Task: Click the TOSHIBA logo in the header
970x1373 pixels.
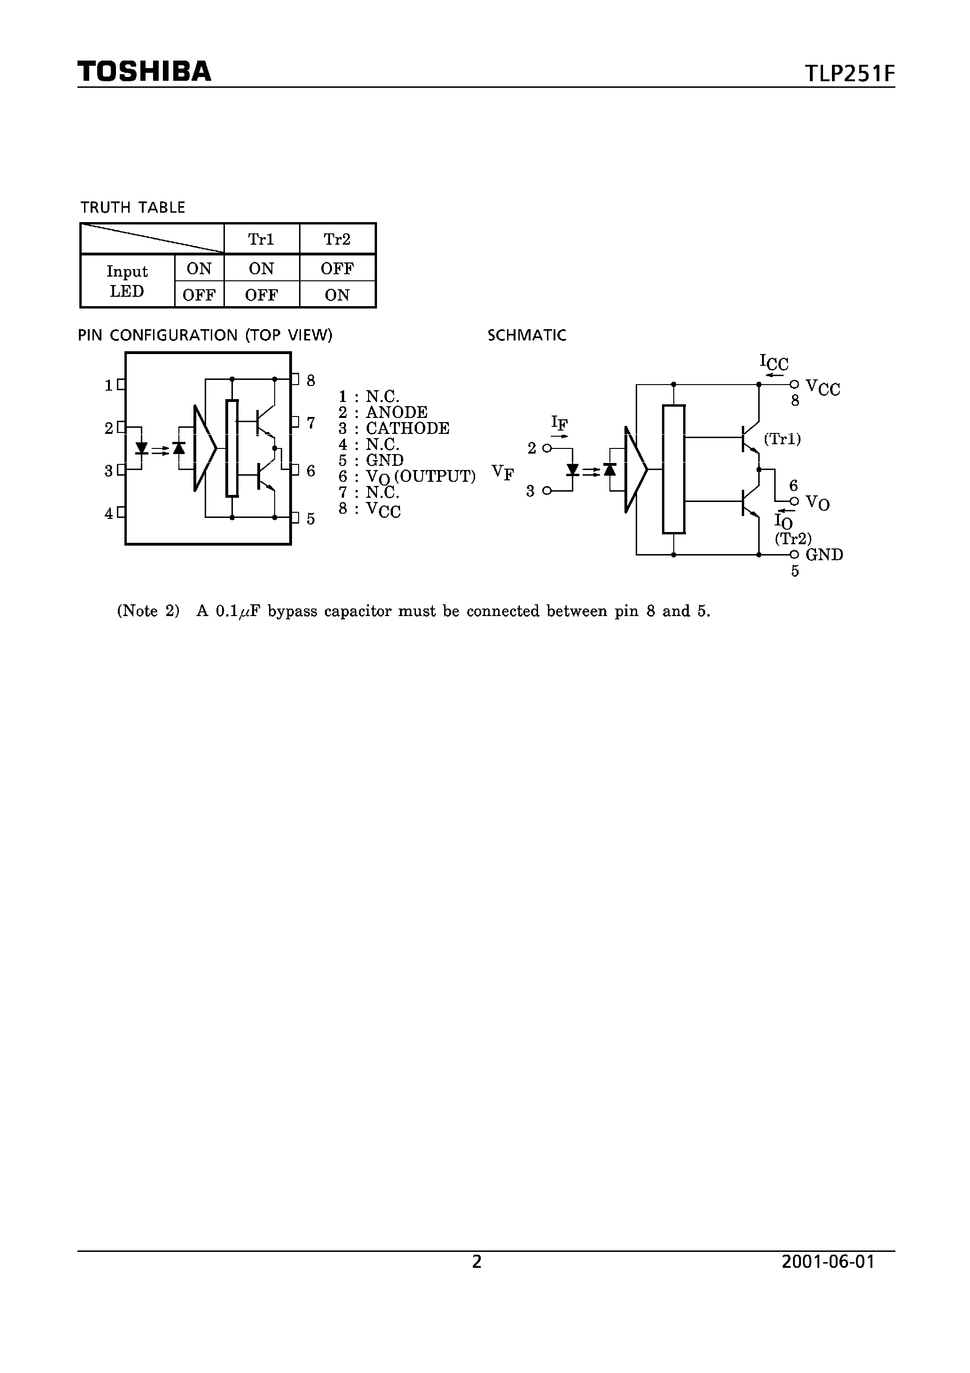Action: coord(144,71)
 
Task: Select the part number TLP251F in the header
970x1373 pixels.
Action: coord(850,74)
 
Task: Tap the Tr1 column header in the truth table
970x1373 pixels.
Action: coord(262,239)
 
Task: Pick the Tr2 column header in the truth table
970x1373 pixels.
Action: coord(337,239)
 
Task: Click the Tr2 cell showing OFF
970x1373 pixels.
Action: coord(337,269)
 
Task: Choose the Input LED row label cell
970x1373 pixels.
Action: coord(127,281)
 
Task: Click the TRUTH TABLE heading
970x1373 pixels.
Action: coord(133,208)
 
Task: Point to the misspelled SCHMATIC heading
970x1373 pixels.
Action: coord(526,335)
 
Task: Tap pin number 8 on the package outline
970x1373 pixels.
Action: coord(310,380)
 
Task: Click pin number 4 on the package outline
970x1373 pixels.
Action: coord(109,513)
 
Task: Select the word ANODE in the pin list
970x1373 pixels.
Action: coord(396,413)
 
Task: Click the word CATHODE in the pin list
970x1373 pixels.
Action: coord(407,428)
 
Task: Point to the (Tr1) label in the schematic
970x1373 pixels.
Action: coord(782,440)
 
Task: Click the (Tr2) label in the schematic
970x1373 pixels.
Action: coord(793,539)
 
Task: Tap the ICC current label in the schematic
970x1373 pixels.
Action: coord(774,363)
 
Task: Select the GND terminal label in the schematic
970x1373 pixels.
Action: coord(824,555)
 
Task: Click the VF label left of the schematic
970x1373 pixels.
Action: coord(503,472)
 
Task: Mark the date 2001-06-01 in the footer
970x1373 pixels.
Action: coord(828,1262)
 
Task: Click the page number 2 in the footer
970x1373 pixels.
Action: coord(477,1262)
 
